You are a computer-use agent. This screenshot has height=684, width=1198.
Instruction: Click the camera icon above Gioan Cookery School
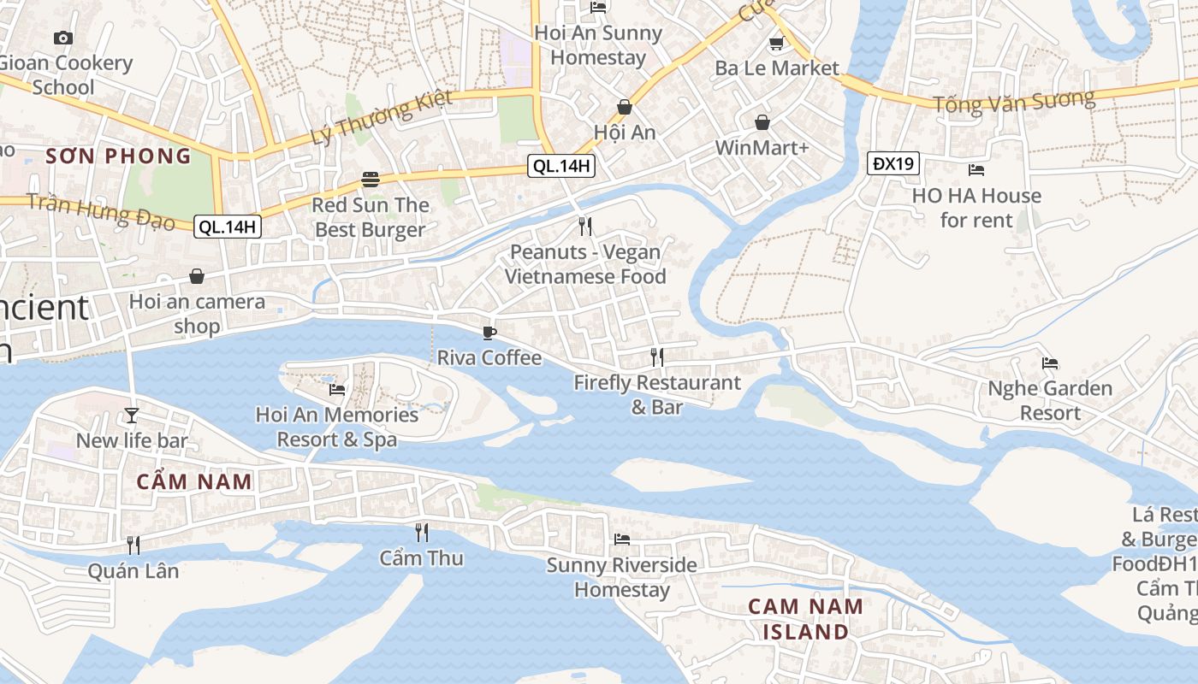coord(62,38)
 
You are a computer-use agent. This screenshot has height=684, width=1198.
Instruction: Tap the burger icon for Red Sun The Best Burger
coord(370,180)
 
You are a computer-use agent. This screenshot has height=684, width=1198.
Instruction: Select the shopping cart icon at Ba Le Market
coord(776,43)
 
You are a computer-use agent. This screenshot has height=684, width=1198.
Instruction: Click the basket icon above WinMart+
coord(762,123)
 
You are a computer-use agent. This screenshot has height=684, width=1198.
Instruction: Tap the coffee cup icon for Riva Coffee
coord(489,333)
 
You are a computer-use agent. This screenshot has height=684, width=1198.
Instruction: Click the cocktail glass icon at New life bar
coord(131,416)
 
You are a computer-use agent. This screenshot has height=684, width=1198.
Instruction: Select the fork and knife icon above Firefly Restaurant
coord(656,357)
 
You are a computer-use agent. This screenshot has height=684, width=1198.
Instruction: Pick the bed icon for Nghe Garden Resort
coord(1050,363)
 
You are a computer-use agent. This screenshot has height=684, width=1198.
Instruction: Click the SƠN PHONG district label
coord(118,156)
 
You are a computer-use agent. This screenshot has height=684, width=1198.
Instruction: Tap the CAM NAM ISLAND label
coord(805,619)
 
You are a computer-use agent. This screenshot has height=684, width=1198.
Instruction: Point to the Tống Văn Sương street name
coord(1013,102)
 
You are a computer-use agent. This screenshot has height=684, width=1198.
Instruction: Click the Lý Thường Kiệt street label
coord(382,117)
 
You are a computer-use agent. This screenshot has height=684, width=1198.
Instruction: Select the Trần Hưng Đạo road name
coord(101,212)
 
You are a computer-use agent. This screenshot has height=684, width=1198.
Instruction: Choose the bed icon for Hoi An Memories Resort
coord(337,390)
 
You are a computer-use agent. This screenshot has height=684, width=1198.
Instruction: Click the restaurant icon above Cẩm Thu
coord(421,533)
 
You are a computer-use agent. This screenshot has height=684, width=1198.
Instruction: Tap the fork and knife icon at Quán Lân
coord(133,545)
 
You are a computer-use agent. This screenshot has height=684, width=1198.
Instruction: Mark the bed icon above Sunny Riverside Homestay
coord(622,540)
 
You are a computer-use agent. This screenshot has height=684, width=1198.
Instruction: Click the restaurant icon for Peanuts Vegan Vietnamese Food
coord(585,227)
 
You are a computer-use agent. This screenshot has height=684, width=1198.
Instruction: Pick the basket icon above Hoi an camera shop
coord(197,276)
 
